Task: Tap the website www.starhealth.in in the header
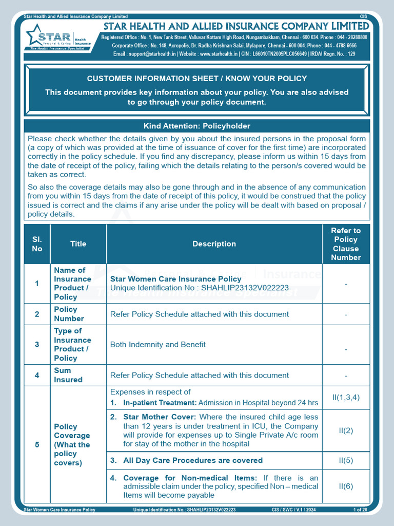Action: pyautogui.click(x=219, y=53)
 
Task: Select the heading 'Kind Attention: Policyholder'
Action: pyautogui.click(x=197, y=126)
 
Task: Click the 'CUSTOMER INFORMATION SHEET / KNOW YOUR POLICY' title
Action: pyautogui.click(x=197, y=79)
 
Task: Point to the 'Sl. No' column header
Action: pyautogui.click(x=37, y=244)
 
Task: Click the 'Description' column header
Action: pyautogui.click(x=214, y=244)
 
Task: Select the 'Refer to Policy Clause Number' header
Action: pyautogui.click(x=346, y=244)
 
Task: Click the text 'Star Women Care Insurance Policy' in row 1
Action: pyautogui.click(x=176, y=279)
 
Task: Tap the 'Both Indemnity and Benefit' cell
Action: pyautogui.click(x=158, y=345)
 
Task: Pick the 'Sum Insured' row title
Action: pyautogui.click(x=68, y=375)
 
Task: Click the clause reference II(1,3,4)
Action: pyautogui.click(x=346, y=398)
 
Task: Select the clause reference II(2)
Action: pyautogui.click(x=346, y=430)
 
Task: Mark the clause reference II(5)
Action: pyautogui.click(x=346, y=460)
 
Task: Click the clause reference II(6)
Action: pyautogui.click(x=346, y=486)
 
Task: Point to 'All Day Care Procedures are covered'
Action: pyautogui.click(x=193, y=460)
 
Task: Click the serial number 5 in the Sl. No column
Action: pyautogui.click(x=37, y=445)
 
